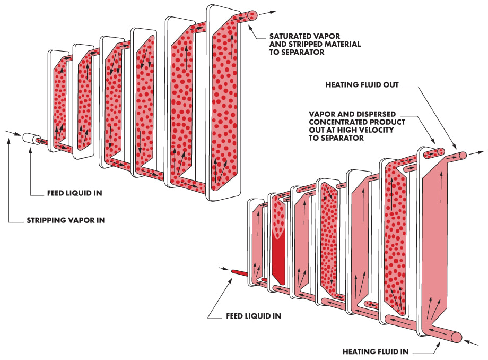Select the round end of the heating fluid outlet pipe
pyautogui.click(x=463, y=155)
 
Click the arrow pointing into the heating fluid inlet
pyautogui.click(x=476, y=341)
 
